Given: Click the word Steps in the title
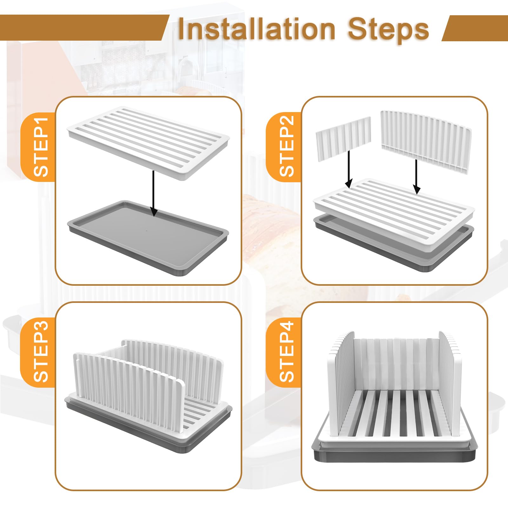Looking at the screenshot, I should pyautogui.click(x=388, y=29).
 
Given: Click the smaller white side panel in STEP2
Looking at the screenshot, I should pyautogui.click(x=343, y=138).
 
